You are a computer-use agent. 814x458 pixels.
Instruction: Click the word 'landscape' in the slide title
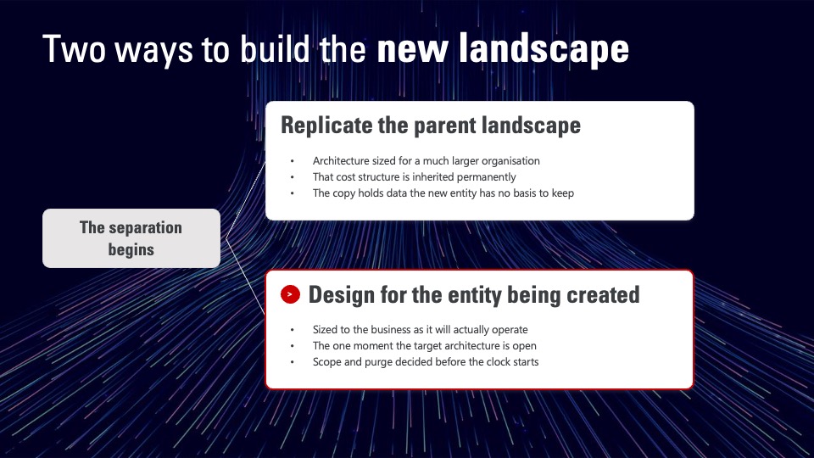coord(544,49)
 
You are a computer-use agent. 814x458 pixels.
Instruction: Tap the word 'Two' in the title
coord(74,49)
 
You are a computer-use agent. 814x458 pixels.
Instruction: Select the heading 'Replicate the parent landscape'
coord(431,126)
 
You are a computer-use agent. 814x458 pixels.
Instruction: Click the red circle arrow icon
coord(290,294)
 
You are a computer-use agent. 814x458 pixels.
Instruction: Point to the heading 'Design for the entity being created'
coord(474,295)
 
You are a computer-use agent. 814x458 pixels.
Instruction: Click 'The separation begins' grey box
coord(131,238)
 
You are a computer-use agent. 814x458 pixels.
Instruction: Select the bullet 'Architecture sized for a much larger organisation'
coord(427,161)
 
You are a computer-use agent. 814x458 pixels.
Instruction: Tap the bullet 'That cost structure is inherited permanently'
coord(415,177)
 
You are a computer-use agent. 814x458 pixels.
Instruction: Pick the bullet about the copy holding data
coord(443,193)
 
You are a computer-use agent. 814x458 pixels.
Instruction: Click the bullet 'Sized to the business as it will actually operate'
coord(420,330)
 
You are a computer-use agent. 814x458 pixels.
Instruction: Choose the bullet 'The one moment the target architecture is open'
coord(425,346)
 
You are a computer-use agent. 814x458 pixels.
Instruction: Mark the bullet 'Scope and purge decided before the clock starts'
coord(426,362)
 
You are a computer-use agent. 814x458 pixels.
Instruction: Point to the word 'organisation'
coord(510,161)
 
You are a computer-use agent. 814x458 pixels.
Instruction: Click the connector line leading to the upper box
coord(246,200)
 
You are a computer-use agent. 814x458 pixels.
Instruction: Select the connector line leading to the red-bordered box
coord(246,276)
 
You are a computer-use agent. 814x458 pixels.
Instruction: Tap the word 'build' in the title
coord(275,49)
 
